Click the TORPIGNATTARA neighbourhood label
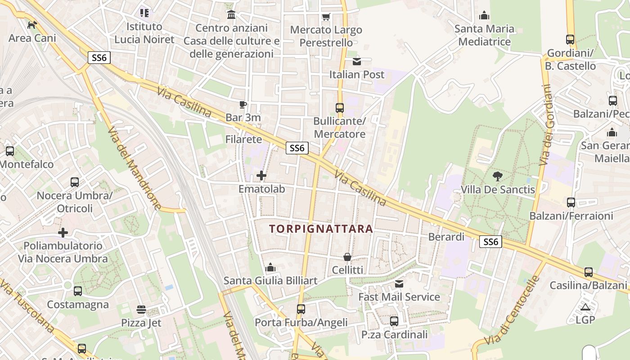(321, 229)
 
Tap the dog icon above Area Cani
(32, 25)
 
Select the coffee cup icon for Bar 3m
(243, 105)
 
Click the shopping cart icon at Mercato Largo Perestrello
(326, 17)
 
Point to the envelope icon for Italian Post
(357, 62)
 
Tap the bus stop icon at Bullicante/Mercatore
(340, 108)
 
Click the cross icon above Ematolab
(261, 175)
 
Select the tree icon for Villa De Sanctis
(498, 176)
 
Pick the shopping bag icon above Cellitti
(347, 257)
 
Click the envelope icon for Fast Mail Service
(399, 284)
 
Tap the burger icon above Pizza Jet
(141, 310)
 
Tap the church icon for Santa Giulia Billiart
(270, 268)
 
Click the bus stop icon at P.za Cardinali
(394, 321)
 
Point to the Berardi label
(446, 237)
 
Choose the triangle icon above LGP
(585, 307)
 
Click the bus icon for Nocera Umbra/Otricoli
(75, 182)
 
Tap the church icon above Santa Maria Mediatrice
(484, 16)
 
